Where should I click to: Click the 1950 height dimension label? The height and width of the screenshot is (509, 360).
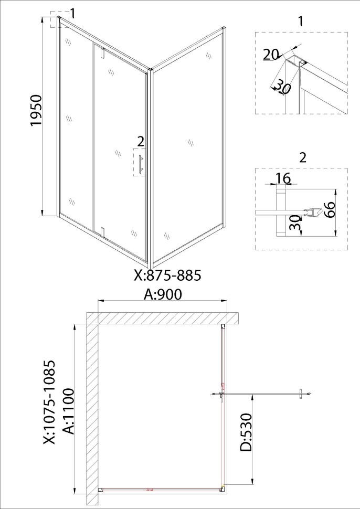click(x=36, y=110)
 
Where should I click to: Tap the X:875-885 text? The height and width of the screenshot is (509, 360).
click(x=167, y=275)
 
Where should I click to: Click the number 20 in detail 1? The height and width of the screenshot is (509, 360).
click(x=270, y=55)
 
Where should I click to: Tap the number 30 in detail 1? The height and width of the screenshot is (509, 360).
click(x=282, y=87)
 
